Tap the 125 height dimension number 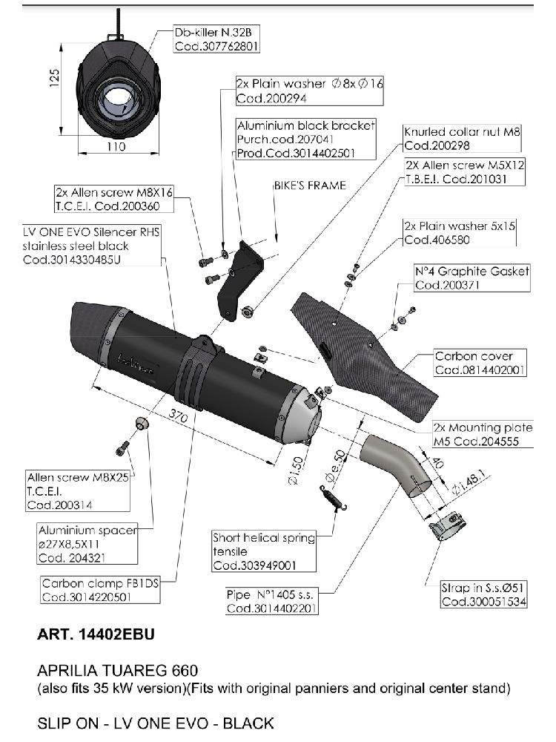tap(53, 77)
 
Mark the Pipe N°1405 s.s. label tap(271, 600)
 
